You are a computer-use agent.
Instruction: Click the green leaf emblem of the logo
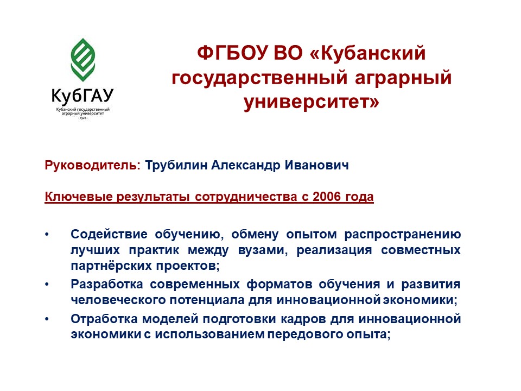(x=82, y=60)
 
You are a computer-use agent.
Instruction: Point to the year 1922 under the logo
(x=82, y=118)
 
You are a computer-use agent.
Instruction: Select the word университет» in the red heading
(x=312, y=102)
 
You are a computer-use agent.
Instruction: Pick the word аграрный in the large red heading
(x=403, y=78)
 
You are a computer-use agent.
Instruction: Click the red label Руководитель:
(x=93, y=165)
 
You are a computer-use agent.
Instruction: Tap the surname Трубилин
(x=176, y=165)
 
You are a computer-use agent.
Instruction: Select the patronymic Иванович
(x=316, y=165)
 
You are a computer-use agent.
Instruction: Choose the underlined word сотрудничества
(x=246, y=197)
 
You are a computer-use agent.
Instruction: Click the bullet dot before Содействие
(x=47, y=235)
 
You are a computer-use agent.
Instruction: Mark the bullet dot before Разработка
(x=47, y=284)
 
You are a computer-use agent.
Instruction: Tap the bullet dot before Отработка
(x=47, y=319)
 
